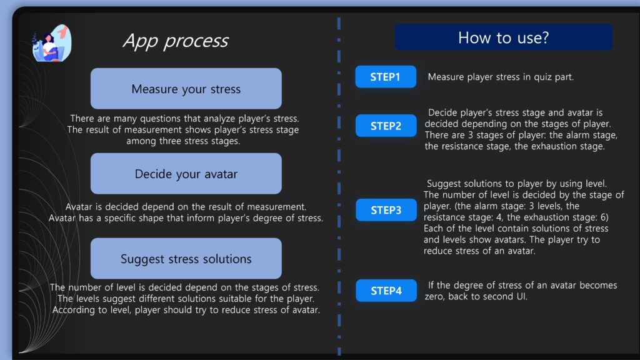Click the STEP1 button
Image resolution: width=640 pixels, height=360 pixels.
(386, 77)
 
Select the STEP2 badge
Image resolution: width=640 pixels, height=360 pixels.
(386, 126)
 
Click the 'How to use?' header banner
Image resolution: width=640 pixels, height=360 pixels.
(503, 37)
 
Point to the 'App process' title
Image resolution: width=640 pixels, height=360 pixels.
(176, 41)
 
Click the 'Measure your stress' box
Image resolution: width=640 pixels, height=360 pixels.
(186, 89)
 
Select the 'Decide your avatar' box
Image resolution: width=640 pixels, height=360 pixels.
(186, 174)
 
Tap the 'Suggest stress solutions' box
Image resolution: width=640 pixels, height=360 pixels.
(186, 258)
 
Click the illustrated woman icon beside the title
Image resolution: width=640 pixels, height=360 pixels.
(52, 43)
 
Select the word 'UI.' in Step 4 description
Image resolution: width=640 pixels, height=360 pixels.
(522, 296)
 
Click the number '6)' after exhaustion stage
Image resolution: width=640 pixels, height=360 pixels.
(604, 217)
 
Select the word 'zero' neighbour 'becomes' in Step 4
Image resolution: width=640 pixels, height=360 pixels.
(435, 297)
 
